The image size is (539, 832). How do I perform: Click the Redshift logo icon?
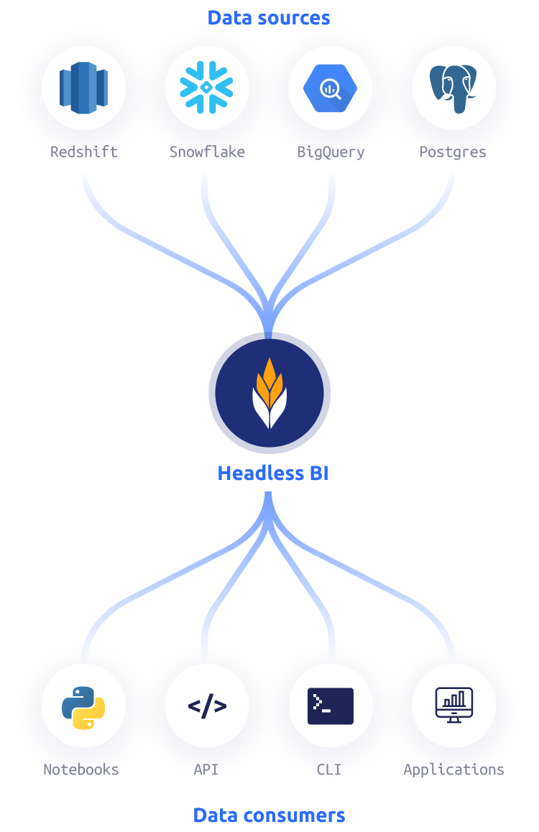(83, 88)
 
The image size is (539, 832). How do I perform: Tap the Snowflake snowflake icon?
(207, 88)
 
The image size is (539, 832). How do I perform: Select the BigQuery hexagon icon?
(331, 88)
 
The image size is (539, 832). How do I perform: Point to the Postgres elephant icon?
(453, 88)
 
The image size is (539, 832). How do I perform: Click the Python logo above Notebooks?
(83, 706)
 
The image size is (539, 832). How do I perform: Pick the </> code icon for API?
(207, 706)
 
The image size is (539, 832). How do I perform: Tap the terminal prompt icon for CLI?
(331, 706)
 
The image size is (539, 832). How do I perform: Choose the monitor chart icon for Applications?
(453, 706)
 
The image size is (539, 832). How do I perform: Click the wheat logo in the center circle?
(269, 393)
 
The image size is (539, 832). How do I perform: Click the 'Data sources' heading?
(269, 18)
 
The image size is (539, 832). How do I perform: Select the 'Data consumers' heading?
(269, 815)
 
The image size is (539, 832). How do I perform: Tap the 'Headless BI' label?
(272, 473)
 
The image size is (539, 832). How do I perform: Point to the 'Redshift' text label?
(83, 152)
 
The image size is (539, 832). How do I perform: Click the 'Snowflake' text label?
(207, 152)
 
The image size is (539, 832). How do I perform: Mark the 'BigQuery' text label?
(331, 152)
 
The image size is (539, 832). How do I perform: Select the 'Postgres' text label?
(453, 152)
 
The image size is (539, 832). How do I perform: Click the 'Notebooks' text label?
(81, 769)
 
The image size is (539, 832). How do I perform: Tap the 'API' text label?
(206, 769)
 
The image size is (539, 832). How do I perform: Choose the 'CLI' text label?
(329, 769)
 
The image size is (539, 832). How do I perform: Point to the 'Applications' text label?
(453, 769)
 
